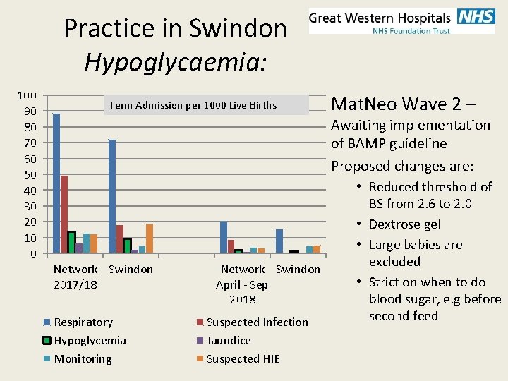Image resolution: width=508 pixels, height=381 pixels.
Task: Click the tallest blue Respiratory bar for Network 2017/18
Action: (56, 183)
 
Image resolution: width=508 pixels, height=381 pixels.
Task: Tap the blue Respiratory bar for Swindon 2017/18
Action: (112, 196)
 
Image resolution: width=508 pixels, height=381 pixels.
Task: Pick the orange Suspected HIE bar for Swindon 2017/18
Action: (149, 238)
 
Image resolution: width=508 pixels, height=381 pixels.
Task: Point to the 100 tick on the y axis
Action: (28, 95)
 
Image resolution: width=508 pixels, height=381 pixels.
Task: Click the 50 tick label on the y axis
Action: (30, 174)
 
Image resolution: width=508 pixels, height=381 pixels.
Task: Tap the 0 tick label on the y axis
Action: (34, 253)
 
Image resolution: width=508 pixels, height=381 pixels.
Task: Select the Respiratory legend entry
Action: (83, 322)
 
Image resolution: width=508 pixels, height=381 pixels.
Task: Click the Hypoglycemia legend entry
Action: (90, 341)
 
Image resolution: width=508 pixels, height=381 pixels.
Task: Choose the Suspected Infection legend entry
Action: (257, 322)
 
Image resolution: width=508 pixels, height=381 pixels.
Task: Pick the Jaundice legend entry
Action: (229, 341)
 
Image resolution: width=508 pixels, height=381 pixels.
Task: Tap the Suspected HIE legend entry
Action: (243, 359)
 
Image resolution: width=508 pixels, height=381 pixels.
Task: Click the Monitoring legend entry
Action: (83, 359)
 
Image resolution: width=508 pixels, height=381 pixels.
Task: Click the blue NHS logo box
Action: (476, 16)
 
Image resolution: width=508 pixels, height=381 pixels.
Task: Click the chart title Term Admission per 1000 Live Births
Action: (193, 106)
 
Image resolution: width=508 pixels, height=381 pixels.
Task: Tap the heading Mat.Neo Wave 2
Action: (403, 104)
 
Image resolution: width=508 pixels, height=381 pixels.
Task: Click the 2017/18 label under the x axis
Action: (75, 284)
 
